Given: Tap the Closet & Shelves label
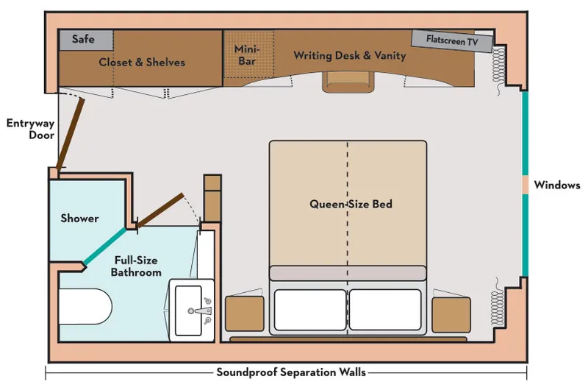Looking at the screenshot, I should pyautogui.click(x=142, y=63).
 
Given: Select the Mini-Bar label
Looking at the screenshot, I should pyautogui.click(x=247, y=55).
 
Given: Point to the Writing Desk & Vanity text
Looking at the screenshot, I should pyautogui.click(x=349, y=55).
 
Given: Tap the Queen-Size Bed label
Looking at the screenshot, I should pyautogui.click(x=351, y=204).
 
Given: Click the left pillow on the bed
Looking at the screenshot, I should pyautogui.click(x=309, y=310).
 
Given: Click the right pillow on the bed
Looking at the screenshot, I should pyautogui.click(x=387, y=310).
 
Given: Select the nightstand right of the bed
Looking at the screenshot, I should pyautogui.click(x=451, y=313).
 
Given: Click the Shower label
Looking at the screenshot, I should pyautogui.click(x=79, y=219).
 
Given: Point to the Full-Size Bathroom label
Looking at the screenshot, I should pyautogui.click(x=136, y=266).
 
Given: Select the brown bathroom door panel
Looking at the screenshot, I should pyautogui.click(x=160, y=211).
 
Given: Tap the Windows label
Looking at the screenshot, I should pyautogui.click(x=557, y=185).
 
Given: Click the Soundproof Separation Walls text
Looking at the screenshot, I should pyautogui.click(x=291, y=372).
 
